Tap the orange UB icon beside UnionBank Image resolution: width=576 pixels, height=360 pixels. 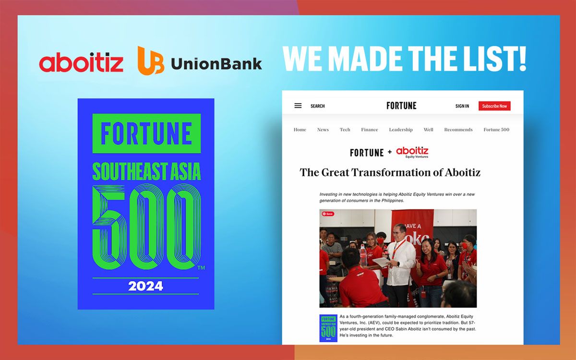point(151,60)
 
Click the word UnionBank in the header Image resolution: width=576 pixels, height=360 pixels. point(216,63)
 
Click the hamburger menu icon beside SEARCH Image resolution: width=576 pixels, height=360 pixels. point(298,106)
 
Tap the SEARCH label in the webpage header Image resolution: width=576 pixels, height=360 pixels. point(317,106)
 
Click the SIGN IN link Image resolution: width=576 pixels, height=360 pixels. point(462,106)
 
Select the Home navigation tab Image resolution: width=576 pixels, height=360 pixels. point(300,130)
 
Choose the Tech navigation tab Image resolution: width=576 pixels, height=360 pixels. point(345,130)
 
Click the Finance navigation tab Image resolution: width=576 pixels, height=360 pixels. point(370,130)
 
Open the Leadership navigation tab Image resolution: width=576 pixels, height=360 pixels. point(401,130)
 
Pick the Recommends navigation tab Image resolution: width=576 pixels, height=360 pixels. point(458,130)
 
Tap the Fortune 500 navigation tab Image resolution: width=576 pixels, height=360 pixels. point(496,130)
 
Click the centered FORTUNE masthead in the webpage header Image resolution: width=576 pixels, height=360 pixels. point(401,106)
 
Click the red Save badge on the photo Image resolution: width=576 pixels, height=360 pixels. point(328,214)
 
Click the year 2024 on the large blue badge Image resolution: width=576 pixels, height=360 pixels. point(145,287)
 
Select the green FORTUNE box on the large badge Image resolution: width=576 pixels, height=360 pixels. point(146,133)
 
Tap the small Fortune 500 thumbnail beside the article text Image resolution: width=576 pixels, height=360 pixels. point(328,328)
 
